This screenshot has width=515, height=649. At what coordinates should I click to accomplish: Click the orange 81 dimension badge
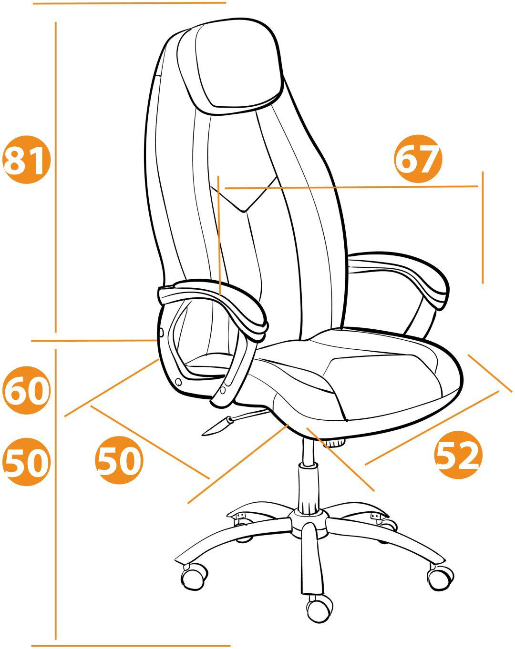point(27,160)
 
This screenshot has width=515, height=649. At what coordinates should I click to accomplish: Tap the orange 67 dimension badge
point(418,159)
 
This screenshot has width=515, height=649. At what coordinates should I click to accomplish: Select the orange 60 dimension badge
point(27,390)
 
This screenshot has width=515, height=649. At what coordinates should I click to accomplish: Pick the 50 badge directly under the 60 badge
point(27,462)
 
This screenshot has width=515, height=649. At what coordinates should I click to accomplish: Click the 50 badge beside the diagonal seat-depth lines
point(119,460)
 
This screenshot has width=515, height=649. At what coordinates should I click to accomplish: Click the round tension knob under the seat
point(334,443)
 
